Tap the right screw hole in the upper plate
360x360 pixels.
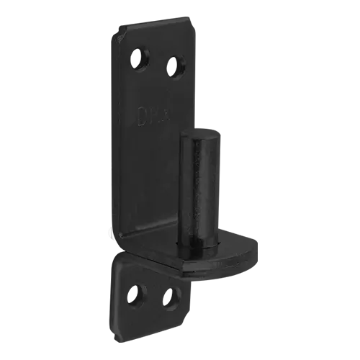point(174,67)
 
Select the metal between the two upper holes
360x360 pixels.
point(157,61)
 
